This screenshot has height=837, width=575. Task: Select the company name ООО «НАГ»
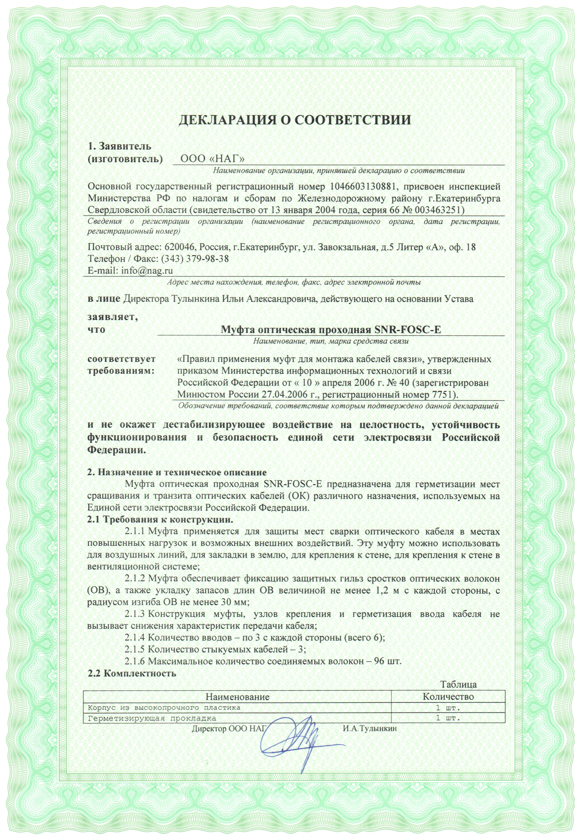coord(212,159)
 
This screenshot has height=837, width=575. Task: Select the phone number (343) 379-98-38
coord(195,259)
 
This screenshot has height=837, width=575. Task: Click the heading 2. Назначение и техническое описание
coord(177,472)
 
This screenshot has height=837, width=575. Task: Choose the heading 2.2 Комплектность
coord(132,673)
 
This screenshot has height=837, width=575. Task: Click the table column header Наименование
coord(237,697)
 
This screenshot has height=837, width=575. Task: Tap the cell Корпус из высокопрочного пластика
coord(164,707)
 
